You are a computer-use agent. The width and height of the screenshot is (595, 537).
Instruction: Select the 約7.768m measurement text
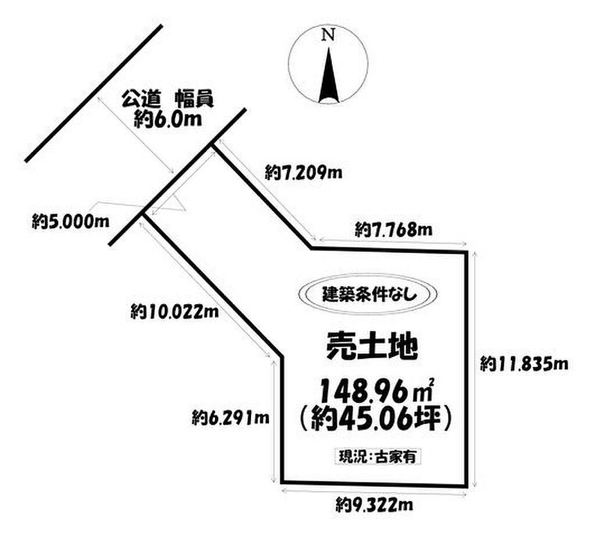pos(393,229)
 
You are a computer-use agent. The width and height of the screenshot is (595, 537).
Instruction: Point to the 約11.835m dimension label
pos(524,364)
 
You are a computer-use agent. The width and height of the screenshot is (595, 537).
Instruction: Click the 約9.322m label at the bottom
pos(374,505)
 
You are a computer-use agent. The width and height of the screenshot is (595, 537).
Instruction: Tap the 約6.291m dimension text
pos(230,416)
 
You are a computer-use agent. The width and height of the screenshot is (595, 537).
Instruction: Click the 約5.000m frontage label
pos(72,221)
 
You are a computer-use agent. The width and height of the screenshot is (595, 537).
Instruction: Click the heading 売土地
pos(370,347)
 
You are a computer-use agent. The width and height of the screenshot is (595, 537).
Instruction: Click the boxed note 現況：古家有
pos(377,456)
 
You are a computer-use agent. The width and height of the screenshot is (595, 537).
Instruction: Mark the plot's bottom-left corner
pos(282,481)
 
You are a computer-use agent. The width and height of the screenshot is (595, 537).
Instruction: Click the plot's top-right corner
pos(468,251)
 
